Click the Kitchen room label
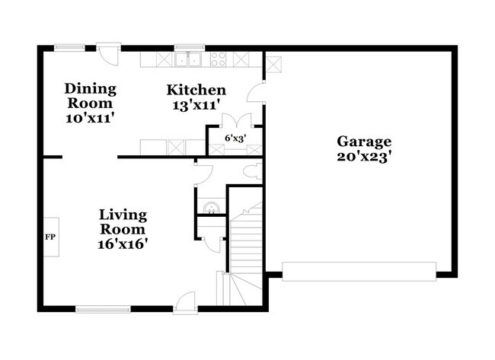pyautogui.click(x=196, y=90)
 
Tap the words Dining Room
pyautogui.click(x=90, y=95)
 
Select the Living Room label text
pyautogui.click(x=123, y=222)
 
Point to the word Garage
pyautogui.click(x=365, y=141)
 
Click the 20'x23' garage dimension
pyautogui.click(x=365, y=157)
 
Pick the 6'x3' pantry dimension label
pyautogui.click(x=235, y=138)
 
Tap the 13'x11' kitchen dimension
pyautogui.click(x=196, y=105)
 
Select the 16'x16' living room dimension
pyautogui.click(x=123, y=244)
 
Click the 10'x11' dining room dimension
pyautogui.click(x=90, y=118)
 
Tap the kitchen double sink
pyautogui.click(x=187, y=59)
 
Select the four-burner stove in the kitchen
pyautogui.click(x=218, y=59)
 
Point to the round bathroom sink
pyautogui.click(x=211, y=207)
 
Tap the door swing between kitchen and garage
pyautogui.click(x=257, y=94)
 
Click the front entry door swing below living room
pyautogui.click(x=185, y=301)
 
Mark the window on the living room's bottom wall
pyautogui.click(x=103, y=309)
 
